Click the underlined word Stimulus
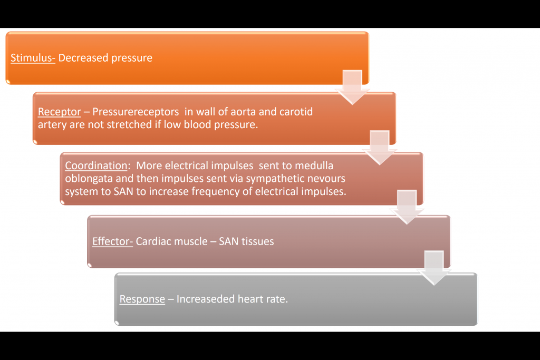pyautogui.click(x=33, y=58)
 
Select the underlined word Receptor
pyautogui.click(x=59, y=112)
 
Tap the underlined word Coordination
pyautogui.click(x=95, y=166)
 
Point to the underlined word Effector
pyautogui.click(x=112, y=242)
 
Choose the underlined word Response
pyautogui.click(x=142, y=299)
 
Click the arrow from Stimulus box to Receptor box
pyautogui.click(x=352, y=86)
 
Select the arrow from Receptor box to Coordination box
pyautogui.click(x=379, y=147)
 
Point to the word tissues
pyautogui.click(x=256, y=242)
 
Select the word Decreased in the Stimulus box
pyautogui.click(x=81, y=58)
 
